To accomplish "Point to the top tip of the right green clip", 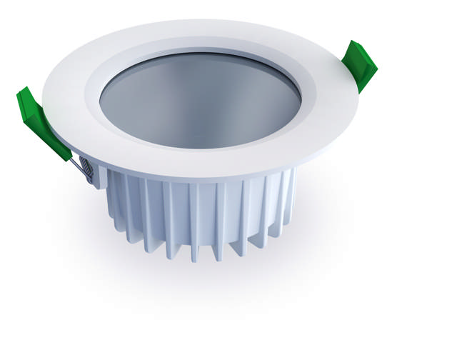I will (x=355, y=45).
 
